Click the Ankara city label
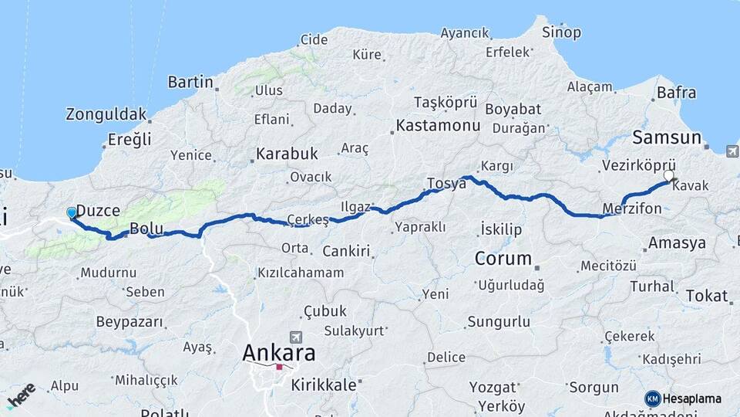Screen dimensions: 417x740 (x=279, y=354)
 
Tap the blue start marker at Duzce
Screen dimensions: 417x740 (x=72, y=212)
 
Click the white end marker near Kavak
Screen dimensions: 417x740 (x=669, y=175)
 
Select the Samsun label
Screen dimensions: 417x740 (x=667, y=138)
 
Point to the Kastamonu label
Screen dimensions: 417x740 (x=432, y=124)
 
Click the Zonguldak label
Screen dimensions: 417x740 (x=106, y=114)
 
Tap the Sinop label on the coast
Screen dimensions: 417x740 (x=561, y=32)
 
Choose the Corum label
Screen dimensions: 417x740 (x=503, y=259)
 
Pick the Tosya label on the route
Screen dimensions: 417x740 (x=446, y=184)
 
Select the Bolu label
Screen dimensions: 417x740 (x=145, y=229)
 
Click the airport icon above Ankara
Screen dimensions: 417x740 (x=294, y=337)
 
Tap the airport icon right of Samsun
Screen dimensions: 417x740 (x=732, y=151)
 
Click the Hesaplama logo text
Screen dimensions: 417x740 (x=691, y=398)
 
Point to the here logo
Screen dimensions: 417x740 (x=21, y=395)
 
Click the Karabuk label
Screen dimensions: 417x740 (x=287, y=153)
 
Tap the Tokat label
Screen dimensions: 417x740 (x=706, y=296)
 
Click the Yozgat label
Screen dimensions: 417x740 (x=493, y=386)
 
